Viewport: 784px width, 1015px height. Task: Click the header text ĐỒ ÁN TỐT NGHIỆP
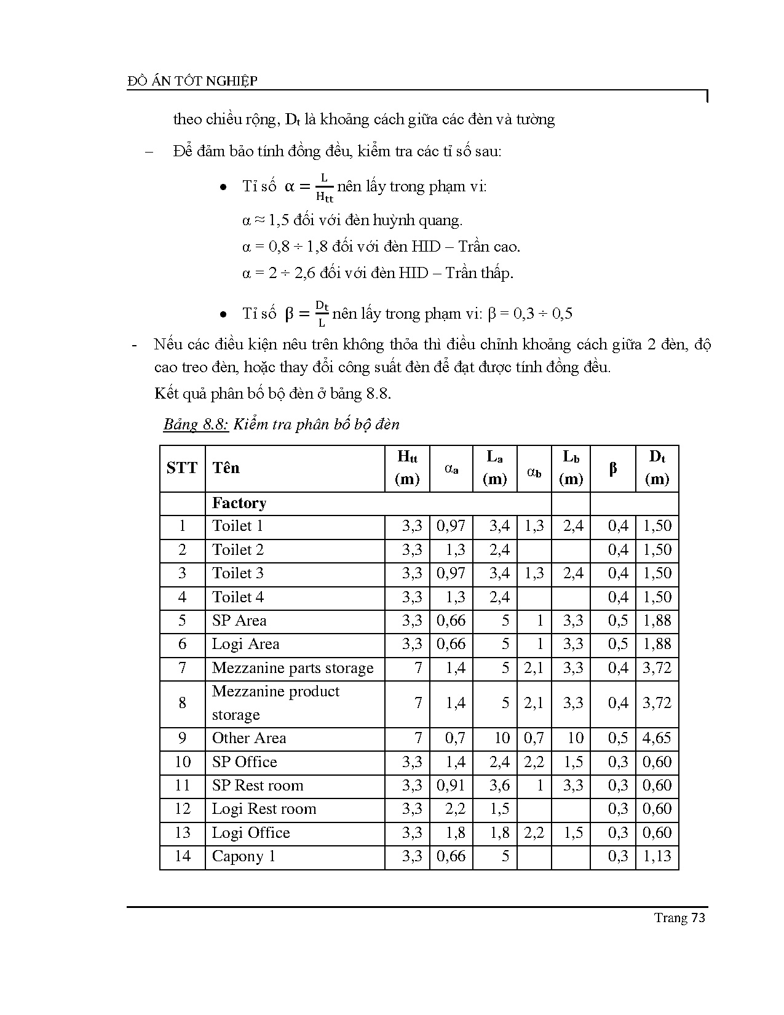click(192, 81)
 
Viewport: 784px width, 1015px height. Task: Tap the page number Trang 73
click(679, 918)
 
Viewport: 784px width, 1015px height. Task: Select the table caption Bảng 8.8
click(196, 424)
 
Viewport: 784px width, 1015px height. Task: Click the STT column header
click(181, 468)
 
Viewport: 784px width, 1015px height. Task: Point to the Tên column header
click(226, 468)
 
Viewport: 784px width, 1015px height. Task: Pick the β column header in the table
click(612, 469)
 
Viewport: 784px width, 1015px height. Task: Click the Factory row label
click(239, 503)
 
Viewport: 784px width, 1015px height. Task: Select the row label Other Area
click(249, 738)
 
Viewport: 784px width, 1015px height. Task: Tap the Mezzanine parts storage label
click(293, 668)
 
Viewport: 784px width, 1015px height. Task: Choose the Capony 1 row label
click(244, 856)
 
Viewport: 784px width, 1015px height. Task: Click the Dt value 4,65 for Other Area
click(657, 738)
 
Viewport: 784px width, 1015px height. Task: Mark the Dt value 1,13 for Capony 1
click(657, 856)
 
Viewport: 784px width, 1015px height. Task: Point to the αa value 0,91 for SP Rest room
click(451, 786)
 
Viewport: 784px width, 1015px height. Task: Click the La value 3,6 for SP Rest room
click(499, 786)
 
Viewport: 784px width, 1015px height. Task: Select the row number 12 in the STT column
click(183, 809)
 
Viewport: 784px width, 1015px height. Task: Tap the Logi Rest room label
click(264, 809)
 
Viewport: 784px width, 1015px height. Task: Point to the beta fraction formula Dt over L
click(321, 314)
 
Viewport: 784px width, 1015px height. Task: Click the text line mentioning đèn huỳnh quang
click(352, 220)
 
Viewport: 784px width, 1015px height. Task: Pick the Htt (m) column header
click(407, 468)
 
